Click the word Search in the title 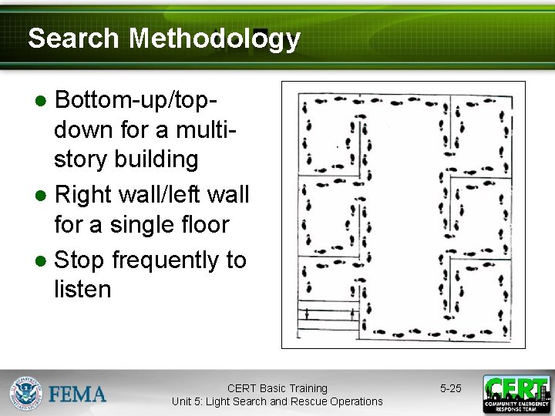(x=73, y=38)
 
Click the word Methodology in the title (x=214, y=38)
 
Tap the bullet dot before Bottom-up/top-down (x=43, y=100)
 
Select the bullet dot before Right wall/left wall (x=43, y=194)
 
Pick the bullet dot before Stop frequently (x=43, y=261)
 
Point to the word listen (x=82, y=290)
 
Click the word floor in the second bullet (x=202, y=225)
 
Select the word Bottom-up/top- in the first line (x=146, y=99)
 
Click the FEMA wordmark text (x=78, y=394)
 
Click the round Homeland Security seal (x=25, y=394)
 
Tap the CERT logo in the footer (x=516, y=394)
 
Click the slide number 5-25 (x=450, y=388)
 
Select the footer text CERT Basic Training (x=277, y=388)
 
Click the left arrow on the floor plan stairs (x=306, y=314)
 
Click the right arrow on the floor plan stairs (x=352, y=314)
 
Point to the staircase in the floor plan (x=329, y=315)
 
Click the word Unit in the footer (x=183, y=401)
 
